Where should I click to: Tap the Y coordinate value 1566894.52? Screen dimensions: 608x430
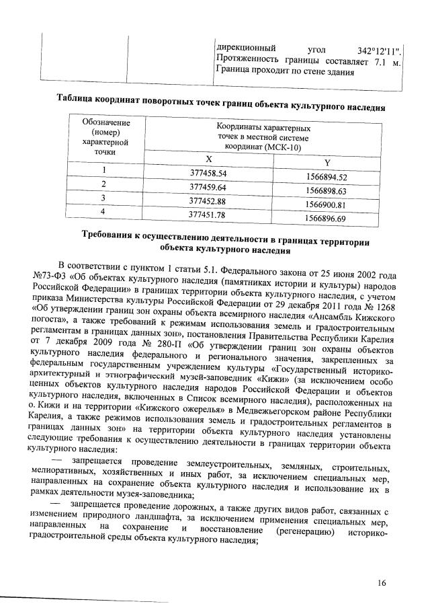click(325, 178)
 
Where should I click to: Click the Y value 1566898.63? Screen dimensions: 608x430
click(325, 191)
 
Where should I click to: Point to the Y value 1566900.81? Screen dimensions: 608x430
click(325, 205)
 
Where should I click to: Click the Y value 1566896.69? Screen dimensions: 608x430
click(325, 219)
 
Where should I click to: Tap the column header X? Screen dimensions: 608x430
click(209, 159)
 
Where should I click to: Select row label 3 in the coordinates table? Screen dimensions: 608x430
click(103, 198)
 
